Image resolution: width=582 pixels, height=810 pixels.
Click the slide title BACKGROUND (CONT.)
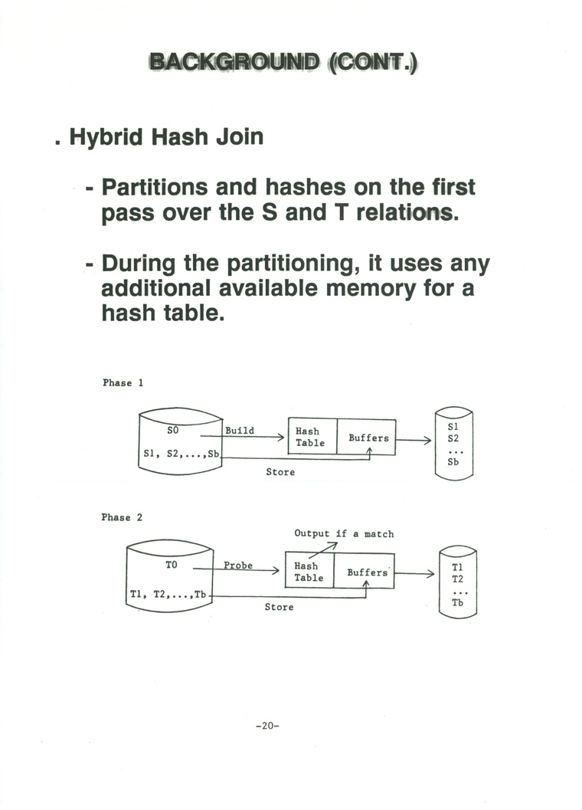click(284, 62)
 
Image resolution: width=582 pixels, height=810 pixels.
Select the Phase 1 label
click(123, 382)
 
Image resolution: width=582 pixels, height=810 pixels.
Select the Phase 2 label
click(122, 517)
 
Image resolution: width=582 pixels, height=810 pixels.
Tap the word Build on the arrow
click(240, 431)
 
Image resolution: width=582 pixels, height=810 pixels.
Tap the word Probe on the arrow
click(238, 566)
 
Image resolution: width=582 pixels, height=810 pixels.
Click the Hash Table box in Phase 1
click(310, 437)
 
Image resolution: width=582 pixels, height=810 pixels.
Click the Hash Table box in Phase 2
click(309, 572)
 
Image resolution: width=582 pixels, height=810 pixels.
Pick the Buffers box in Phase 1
click(368, 438)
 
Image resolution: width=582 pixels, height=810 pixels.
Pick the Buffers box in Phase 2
click(367, 572)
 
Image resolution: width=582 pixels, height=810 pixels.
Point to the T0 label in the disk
click(172, 565)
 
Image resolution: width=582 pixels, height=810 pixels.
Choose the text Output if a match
click(344, 533)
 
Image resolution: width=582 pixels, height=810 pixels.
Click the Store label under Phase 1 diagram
click(280, 472)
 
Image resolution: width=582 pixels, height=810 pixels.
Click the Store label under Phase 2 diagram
click(279, 607)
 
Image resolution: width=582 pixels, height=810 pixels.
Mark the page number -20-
click(267, 726)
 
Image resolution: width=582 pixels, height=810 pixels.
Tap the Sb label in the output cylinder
click(453, 462)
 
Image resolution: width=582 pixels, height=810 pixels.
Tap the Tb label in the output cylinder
click(457, 603)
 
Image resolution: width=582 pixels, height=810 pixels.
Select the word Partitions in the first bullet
click(153, 188)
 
